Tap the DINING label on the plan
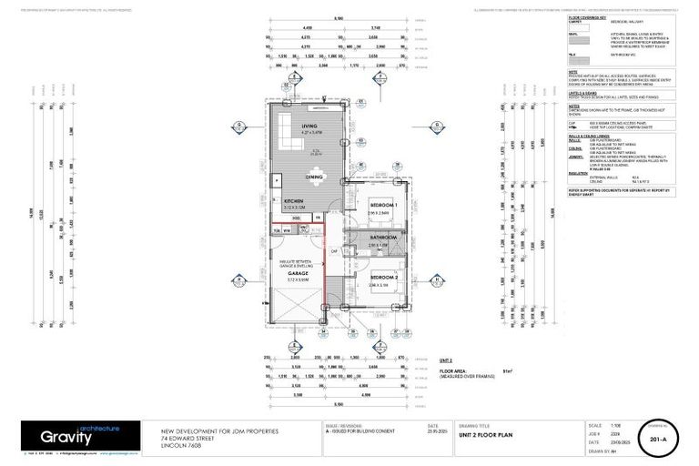pos(315,177)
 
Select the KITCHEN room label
pos(293,200)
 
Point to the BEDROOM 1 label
pos(382,206)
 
